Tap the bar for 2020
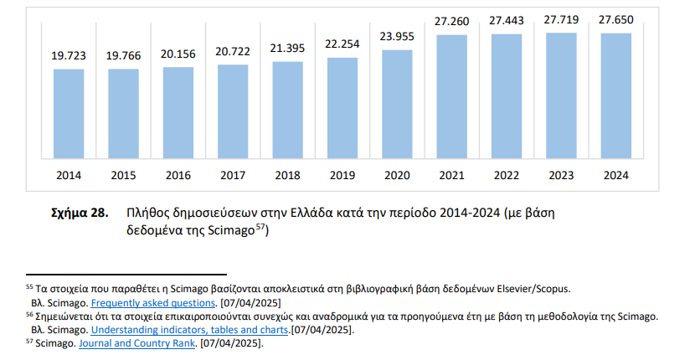coord(397,104)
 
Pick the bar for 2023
coord(561,95)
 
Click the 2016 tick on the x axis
coord(178,176)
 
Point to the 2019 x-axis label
coord(342,176)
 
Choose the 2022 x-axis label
coord(506,176)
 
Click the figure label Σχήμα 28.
coord(80,213)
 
